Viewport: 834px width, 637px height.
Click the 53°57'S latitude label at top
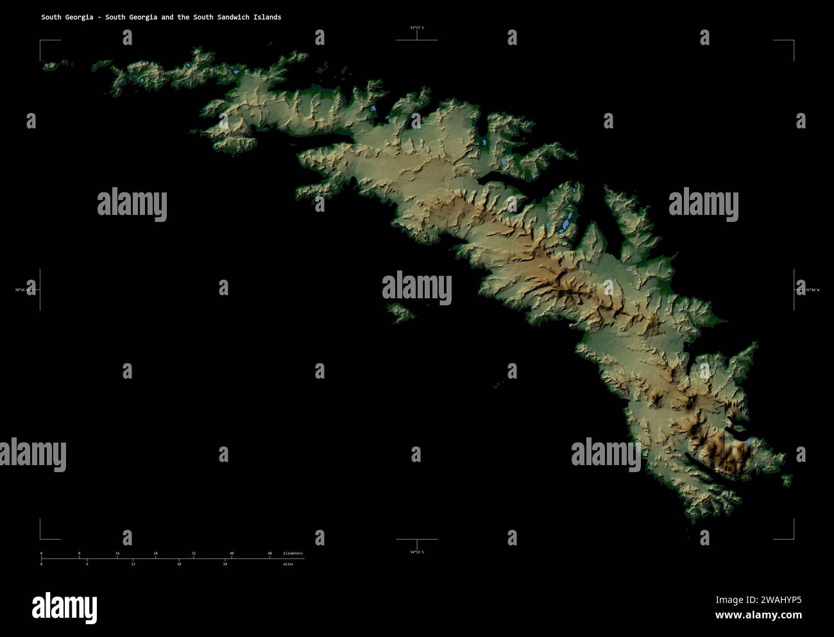[417, 28]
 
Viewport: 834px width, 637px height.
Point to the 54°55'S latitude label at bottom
[417, 552]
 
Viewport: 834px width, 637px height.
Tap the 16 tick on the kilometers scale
[117, 553]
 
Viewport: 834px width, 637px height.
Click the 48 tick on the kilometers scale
[269, 553]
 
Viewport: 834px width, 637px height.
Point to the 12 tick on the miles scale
[133, 564]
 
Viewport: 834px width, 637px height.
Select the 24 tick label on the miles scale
[225, 564]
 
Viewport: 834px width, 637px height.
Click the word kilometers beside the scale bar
[293, 553]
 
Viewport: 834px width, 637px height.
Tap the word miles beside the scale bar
[288, 564]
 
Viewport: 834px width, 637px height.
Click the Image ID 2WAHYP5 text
[758, 600]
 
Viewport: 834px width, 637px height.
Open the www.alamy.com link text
[758, 615]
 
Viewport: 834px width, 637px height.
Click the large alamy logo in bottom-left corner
[64, 607]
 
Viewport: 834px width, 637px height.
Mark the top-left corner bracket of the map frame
[41, 41]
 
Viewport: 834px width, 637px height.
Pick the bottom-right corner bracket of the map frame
[793, 538]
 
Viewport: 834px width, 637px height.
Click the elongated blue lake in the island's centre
[566, 222]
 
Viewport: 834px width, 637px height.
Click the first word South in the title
[51, 17]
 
